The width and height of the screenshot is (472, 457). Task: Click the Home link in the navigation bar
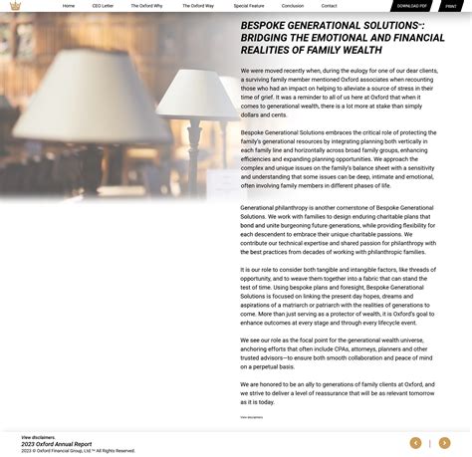click(x=69, y=6)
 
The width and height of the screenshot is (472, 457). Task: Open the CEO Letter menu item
click(x=103, y=6)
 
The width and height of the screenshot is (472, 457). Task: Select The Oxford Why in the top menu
click(x=146, y=6)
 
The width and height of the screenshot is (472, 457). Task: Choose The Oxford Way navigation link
click(x=198, y=6)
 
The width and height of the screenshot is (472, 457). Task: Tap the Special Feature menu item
click(x=249, y=6)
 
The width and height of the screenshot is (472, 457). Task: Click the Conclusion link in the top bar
click(x=293, y=6)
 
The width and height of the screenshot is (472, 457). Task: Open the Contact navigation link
click(x=330, y=6)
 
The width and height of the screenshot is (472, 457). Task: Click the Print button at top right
click(x=451, y=6)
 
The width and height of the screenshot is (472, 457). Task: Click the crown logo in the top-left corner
click(x=14, y=6)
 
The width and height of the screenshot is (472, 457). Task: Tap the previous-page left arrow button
click(x=415, y=443)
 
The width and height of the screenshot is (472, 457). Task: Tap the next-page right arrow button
click(x=444, y=443)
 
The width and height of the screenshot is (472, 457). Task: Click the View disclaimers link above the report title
click(x=39, y=437)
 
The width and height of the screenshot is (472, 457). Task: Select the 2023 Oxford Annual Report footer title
click(x=57, y=444)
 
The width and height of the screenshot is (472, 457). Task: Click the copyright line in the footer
click(x=78, y=451)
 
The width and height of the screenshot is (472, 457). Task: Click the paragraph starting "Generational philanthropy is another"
click(x=338, y=230)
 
